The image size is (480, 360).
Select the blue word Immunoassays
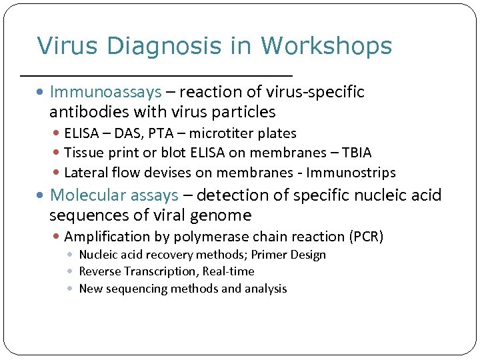pos(106,91)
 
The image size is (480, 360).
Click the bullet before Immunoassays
pos(42,92)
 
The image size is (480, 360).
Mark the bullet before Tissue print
pos(57,153)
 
